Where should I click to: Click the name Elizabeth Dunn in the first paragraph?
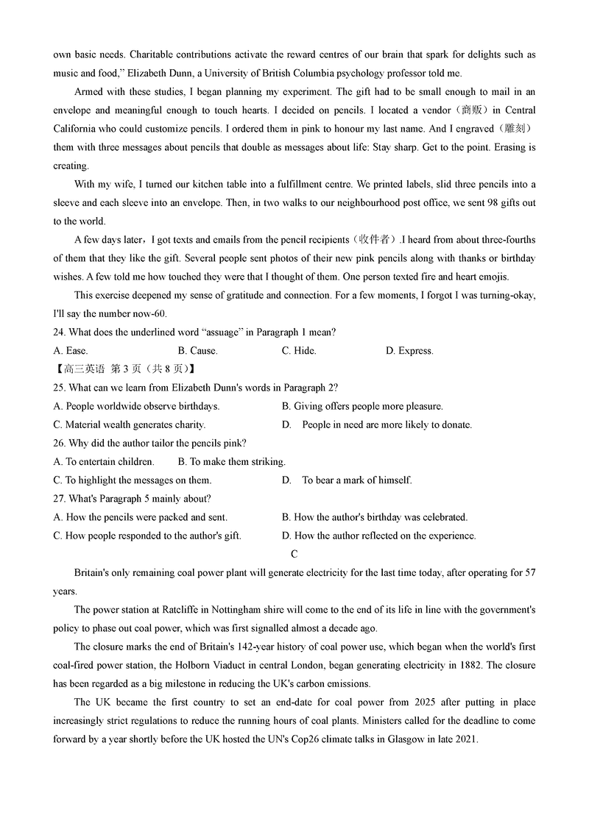[x=181, y=74]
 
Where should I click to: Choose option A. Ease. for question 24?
[x=71, y=351]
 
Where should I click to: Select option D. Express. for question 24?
[x=409, y=351]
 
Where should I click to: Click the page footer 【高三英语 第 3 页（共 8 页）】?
[x=124, y=369]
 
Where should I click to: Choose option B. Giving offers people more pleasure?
[x=362, y=406]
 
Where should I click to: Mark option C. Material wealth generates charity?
[x=130, y=424]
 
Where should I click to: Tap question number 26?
[x=60, y=443]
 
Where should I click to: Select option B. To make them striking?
[x=231, y=462]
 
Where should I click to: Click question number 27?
[x=60, y=499]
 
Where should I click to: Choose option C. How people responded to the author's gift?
[x=147, y=536]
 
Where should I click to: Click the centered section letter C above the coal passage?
[x=294, y=554]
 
